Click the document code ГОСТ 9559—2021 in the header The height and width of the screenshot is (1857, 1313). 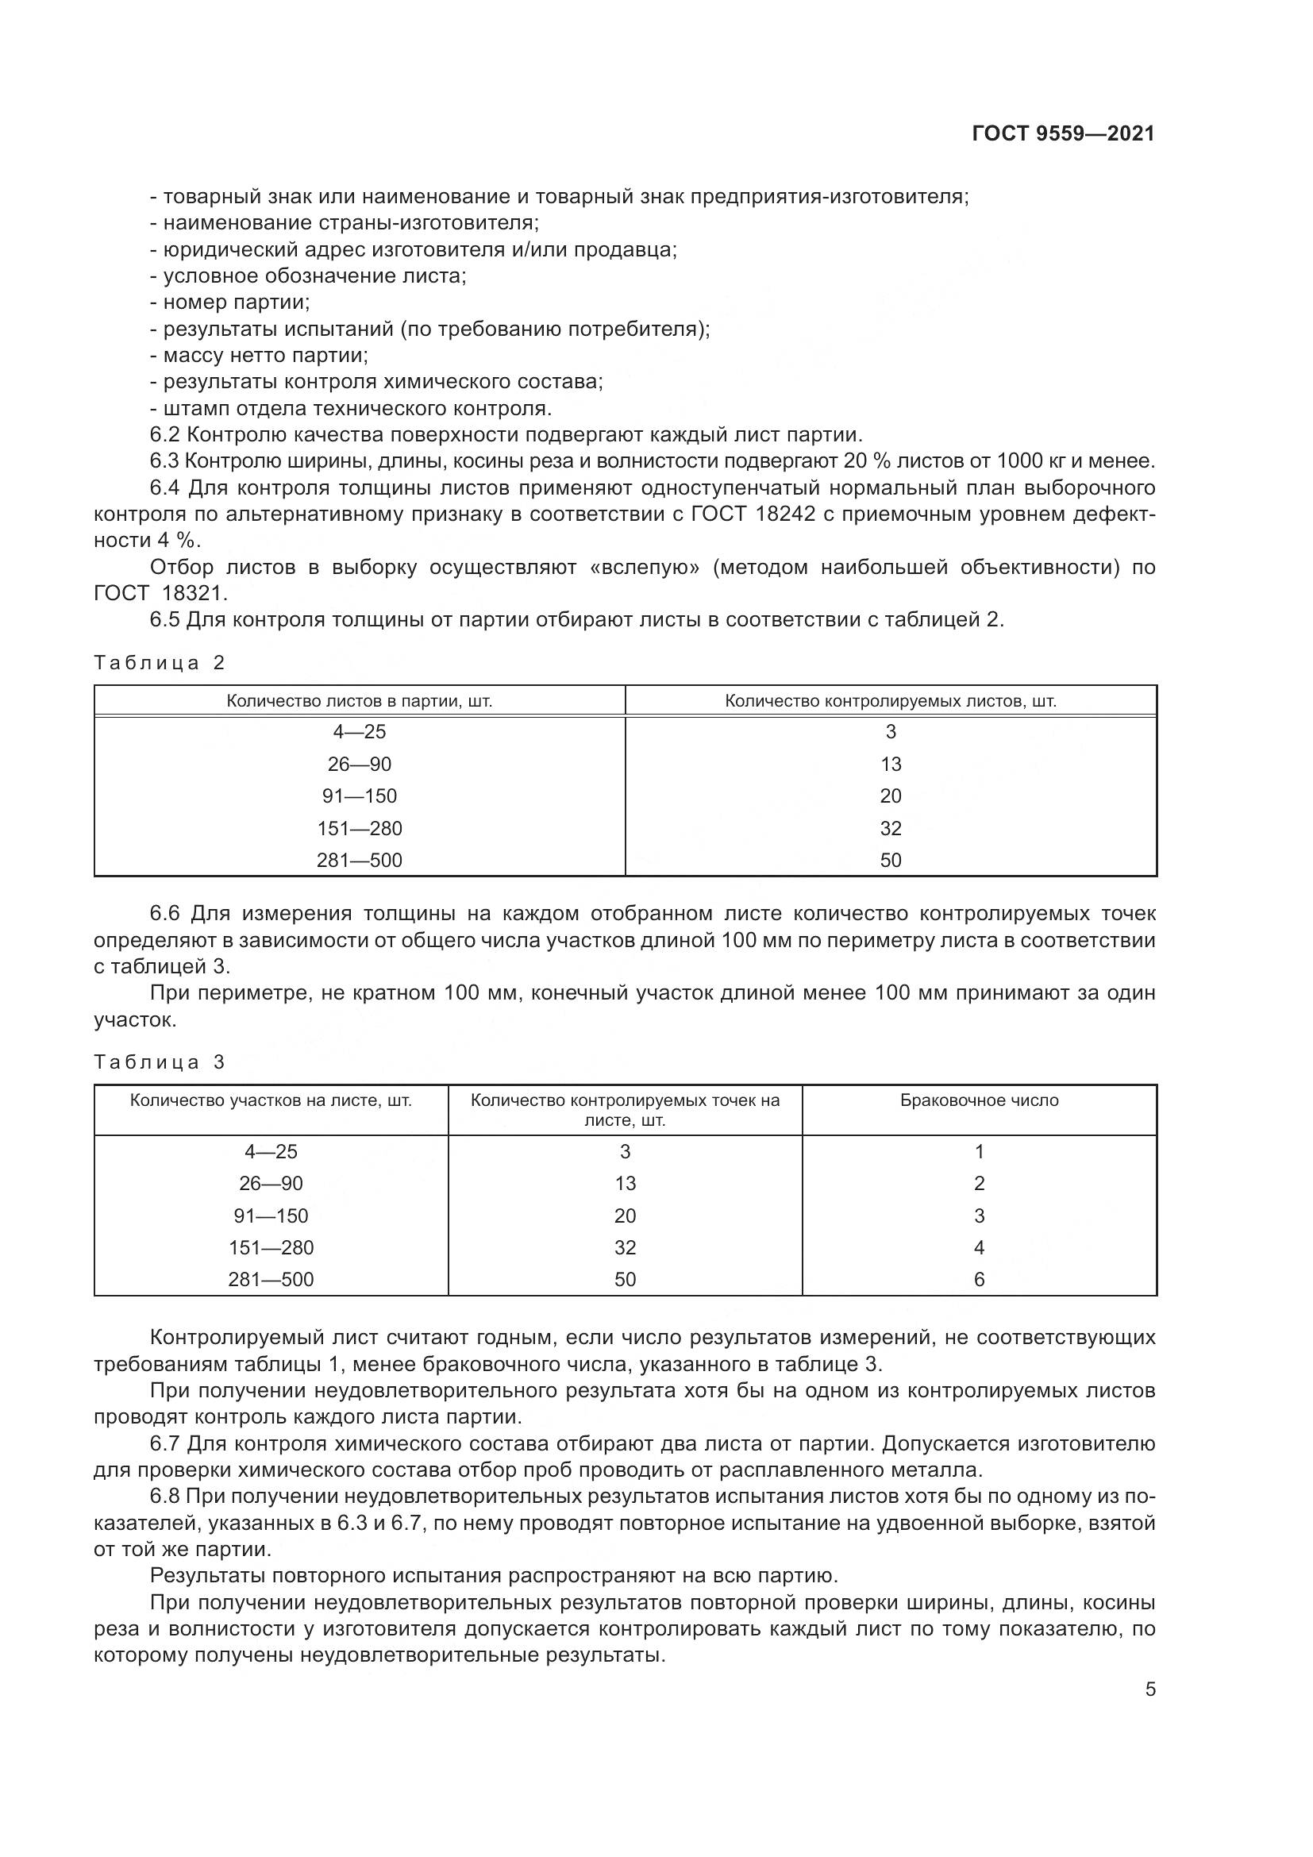[x=1063, y=134]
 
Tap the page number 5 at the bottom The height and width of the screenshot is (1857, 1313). [x=1149, y=1689]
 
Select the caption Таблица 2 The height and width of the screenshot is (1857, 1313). [x=160, y=663]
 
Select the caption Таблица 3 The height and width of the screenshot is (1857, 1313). [x=160, y=1062]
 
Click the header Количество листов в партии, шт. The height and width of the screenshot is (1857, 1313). [x=360, y=701]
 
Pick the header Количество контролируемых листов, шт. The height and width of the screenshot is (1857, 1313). [x=890, y=701]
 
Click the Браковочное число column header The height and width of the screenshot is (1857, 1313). [x=979, y=1100]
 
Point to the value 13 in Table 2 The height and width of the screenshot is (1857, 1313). [x=891, y=765]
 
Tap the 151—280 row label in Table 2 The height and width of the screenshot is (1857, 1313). [x=360, y=828]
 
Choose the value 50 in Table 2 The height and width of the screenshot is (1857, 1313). [x=891, y=860]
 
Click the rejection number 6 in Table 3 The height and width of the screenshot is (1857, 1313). [x=979, y=1280]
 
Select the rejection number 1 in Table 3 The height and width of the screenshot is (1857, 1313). [x=979, y=1152]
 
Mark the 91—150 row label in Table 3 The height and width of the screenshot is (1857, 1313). [x=271, y=1216]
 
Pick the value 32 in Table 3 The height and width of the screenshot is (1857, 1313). [x=625, y=1247]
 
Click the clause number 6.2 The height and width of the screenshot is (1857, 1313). [x=164, y=435]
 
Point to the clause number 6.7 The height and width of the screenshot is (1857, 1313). [x=164, y=1443]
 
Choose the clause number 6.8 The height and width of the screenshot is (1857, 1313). [x=164, y=1497]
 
